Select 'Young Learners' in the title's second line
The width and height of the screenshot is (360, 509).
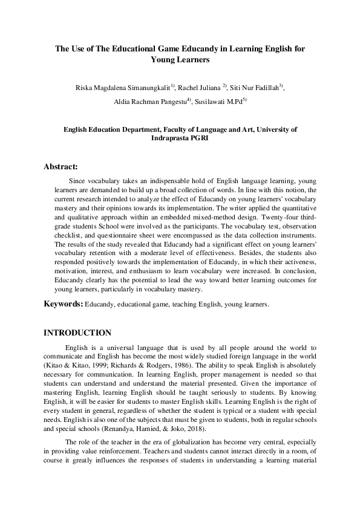180,60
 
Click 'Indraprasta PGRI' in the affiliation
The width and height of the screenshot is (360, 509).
180,138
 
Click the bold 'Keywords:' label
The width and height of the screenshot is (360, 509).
63,303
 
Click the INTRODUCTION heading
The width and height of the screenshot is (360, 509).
77,333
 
